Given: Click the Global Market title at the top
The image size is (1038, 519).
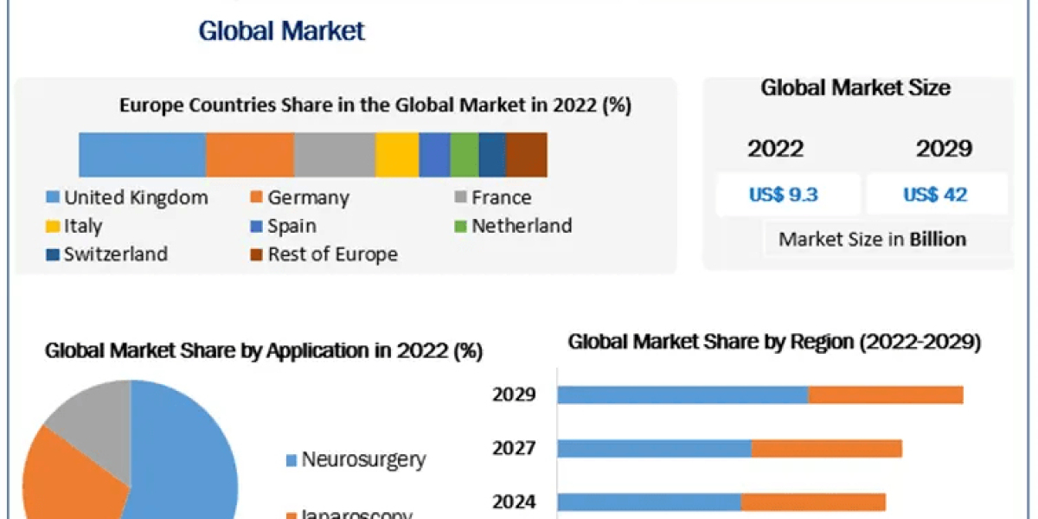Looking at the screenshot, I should (x=282, y=30).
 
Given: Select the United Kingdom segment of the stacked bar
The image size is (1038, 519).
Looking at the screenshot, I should (x=142, y=155).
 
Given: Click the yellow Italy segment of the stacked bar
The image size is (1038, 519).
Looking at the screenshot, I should (x=397, y=155).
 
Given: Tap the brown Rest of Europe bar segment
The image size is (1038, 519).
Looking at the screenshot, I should (x=526, y=155).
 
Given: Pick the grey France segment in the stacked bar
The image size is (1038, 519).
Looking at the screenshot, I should (x=334, y=155).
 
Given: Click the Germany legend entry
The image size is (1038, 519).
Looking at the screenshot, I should (x=298, y=197).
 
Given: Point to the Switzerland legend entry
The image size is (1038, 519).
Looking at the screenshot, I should (x=106, y=253).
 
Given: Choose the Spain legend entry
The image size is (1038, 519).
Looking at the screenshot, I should (x=282, y=226).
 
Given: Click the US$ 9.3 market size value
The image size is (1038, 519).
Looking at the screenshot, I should (x=784, y=195).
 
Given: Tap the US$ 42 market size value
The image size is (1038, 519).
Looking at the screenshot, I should (x=935, y=195).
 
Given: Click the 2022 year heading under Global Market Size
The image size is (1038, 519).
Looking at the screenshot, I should (x=775, y=149).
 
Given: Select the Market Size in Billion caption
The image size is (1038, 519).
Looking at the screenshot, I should (x=872, y=240).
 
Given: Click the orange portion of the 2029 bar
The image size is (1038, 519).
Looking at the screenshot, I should (x=885, y=394).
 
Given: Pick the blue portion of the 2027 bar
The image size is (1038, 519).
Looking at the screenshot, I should (x=654, y=448).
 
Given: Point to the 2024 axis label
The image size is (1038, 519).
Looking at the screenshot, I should (x=514, y=502).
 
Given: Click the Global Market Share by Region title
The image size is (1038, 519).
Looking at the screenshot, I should (x=774, y=343).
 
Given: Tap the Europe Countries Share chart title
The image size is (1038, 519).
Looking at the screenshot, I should (x=375, y=106).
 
